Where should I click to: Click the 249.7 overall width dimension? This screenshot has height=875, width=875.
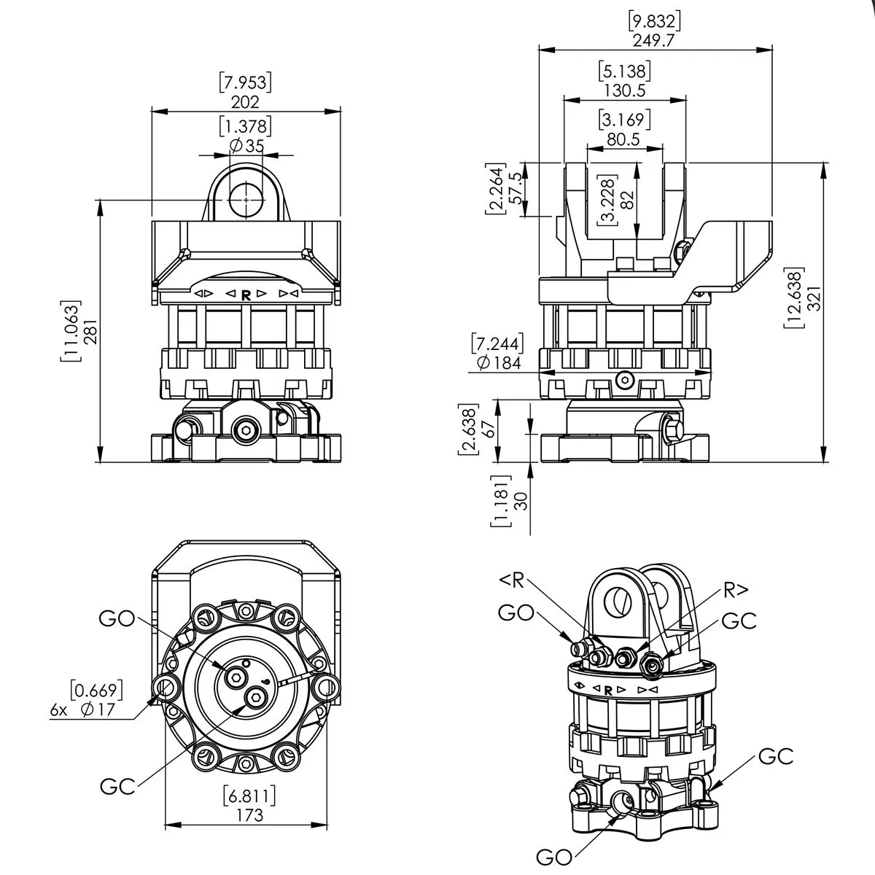coord(653,40)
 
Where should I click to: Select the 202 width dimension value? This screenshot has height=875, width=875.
coord(245,101)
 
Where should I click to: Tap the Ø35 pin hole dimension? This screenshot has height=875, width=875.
coord(246,146)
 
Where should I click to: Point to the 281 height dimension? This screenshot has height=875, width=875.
coord(90,331)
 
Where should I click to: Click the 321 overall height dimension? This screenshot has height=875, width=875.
coord(815,298)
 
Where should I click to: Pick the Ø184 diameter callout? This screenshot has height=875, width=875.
coord(499,362)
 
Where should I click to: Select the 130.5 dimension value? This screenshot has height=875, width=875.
coord(625,90)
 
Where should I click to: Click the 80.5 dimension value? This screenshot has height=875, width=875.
coord(623,139)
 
